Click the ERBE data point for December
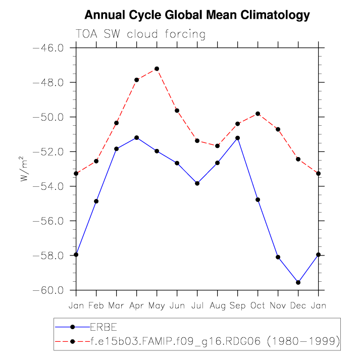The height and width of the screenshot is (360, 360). (298, 282)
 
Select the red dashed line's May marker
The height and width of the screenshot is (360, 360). (157, 69)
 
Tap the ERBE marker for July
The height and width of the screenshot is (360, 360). (197, 183)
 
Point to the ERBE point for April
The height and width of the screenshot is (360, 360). (136, 138)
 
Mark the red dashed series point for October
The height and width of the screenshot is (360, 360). (258, 114)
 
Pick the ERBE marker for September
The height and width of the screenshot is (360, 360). (237, 138)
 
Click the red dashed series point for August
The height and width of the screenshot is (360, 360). (217, 146)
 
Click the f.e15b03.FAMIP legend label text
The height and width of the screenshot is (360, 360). (215, 341)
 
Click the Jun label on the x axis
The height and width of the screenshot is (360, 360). (177, 306)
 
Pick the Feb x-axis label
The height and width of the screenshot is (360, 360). (96, 306)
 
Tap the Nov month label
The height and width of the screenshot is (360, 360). (278, 306)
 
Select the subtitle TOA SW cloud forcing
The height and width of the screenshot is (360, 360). (140, 34)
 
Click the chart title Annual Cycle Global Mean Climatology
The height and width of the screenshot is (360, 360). (197, 15)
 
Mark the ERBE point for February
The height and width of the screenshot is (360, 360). (96, 201)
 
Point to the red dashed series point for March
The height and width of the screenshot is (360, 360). (116, 123)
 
